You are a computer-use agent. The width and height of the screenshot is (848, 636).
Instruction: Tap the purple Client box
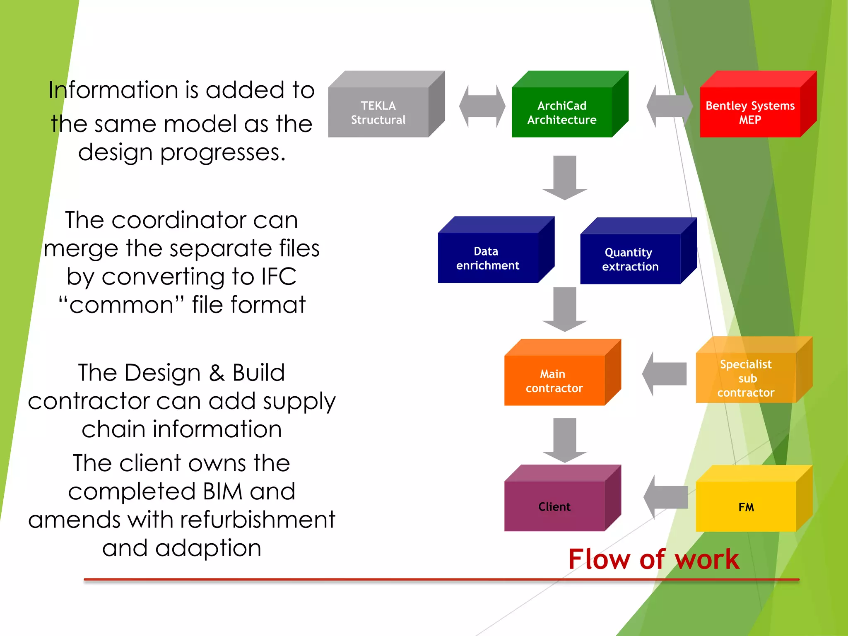554,506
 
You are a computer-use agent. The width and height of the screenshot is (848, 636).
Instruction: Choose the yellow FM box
746,506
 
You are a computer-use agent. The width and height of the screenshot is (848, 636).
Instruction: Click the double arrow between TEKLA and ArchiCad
482,106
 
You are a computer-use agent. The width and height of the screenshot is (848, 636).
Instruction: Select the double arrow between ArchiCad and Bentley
669,106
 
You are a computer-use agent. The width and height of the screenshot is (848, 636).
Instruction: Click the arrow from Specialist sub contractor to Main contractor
664,373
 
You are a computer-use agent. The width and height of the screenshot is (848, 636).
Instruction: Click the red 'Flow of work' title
653,559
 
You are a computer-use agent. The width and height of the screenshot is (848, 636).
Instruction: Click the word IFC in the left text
279,276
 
